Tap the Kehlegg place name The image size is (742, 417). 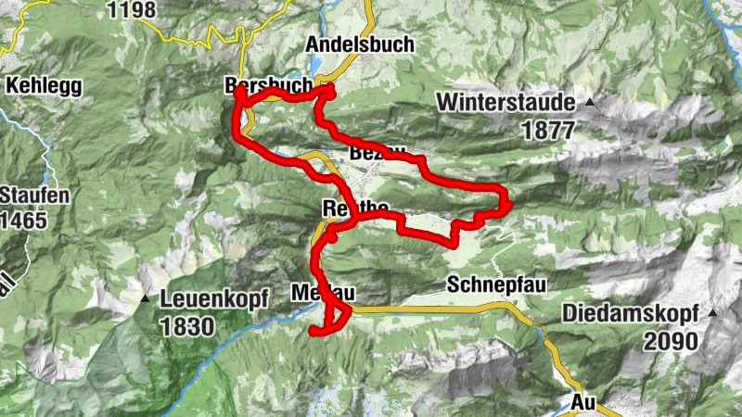click(44, 86)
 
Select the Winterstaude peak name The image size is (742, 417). click(506, 102)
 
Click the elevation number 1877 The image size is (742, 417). click(548, 131)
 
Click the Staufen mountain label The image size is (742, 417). click(21, 196)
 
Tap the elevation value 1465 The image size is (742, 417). click(23, 221)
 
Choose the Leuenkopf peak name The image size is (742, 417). click(214, 299)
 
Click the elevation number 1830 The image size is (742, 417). click(187, 325)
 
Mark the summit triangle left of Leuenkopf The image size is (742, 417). click(146, 298)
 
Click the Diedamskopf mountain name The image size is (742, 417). click(632, 314)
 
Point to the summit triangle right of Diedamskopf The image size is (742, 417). click(712, 313)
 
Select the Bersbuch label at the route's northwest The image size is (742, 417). click(268, 85)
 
